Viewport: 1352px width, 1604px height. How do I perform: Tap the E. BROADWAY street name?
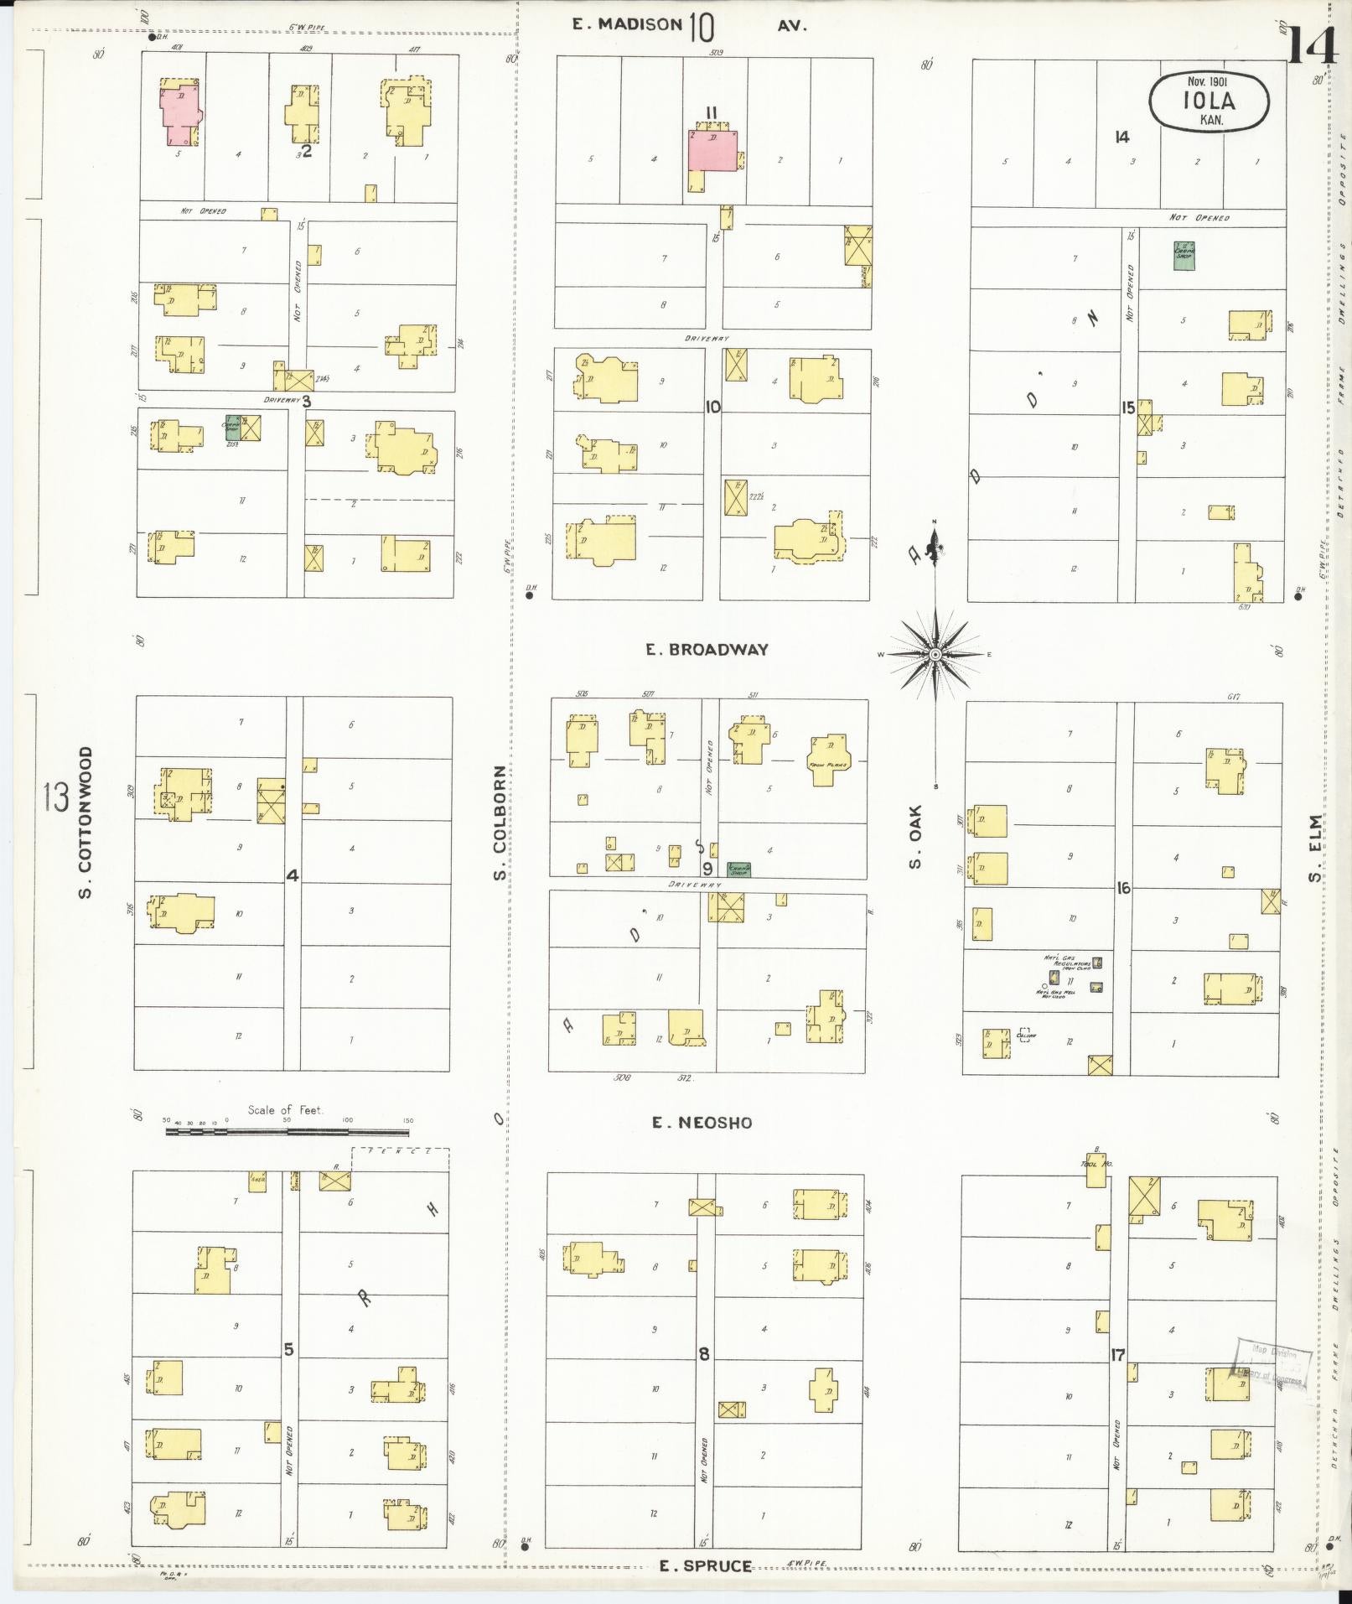coord(707,649)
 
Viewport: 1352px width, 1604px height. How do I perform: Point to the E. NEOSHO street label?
coord(702,1122)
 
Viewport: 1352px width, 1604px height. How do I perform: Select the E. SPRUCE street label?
coord(705,1565)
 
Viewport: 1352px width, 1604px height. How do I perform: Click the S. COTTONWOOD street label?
coord(85,822)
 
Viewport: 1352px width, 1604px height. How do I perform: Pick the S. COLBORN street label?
coord(500,823)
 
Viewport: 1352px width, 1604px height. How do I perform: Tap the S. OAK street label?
coord(915,836)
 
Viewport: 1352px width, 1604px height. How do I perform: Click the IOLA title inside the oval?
coord(1209,101)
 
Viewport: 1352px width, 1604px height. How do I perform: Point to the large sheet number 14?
coord(1313,45)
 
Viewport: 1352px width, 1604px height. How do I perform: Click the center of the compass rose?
coord(935,654)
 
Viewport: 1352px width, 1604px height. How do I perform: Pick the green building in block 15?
coord(1183,255)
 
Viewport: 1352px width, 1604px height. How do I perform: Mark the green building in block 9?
coord(738,869)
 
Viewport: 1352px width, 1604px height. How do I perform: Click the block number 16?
coord(1123,888)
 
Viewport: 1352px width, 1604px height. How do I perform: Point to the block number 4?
coord(292,875)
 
